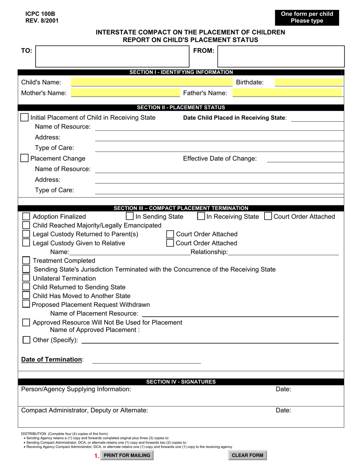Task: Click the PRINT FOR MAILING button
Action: [x=127, y=455]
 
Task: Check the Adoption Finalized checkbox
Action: [x=26, y=217]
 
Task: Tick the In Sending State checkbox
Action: [x=130, y=216]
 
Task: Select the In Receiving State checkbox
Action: [x=202, y=216]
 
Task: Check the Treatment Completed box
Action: [x=26, y=261]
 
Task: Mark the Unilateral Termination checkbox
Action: [x=26, y=278]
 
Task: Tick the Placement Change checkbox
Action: [x=24, y=158]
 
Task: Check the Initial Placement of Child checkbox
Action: [x=24, y=117]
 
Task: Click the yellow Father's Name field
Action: [x=287, y=93]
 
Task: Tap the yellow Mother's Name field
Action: [x=125, y=93]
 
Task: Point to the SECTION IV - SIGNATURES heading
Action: [x=181, y=382]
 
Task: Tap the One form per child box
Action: [x=307, y=17]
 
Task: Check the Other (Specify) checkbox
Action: [x=26, y=340]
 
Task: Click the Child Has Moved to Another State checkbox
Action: [x=26, y=296]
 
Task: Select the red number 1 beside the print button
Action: [x=96, y=456]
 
